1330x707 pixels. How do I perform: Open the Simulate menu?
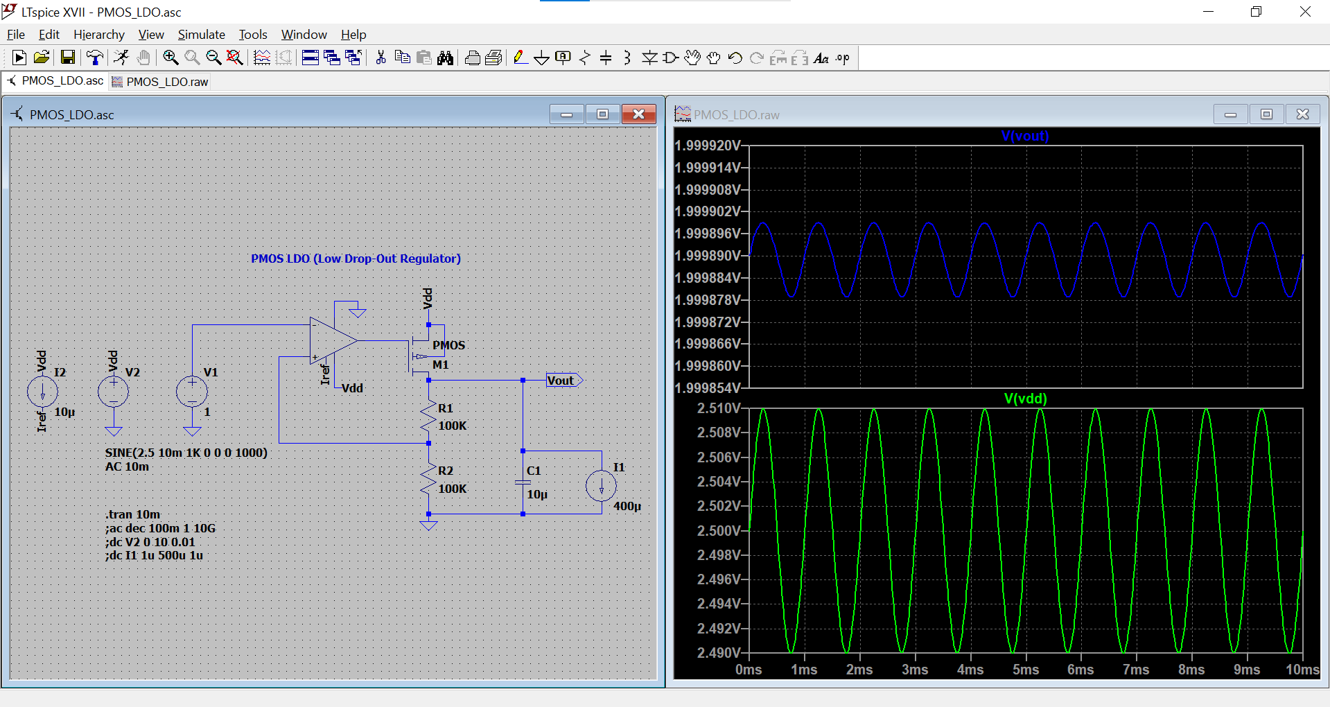pyautogui.click(x=201, y=35)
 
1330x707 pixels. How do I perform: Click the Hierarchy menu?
pyautogui.click(x=98, y=35)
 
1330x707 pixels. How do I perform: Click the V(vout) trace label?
pyautogui.click(x=1024, y=136)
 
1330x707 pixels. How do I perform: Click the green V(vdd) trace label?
pyautogui.click(x=1025, y=399)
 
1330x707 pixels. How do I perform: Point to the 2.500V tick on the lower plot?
pyautogui.click(x=719, y=530)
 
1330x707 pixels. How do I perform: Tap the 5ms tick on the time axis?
pyautogui.click(x=1025, y=670)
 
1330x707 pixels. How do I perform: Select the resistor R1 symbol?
pyautogui.click(x=429, y=415)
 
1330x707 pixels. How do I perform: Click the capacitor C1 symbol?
pyautogui.click(x=523, y=482)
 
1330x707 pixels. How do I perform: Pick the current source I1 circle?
pyautogui.click(x=601, y=486)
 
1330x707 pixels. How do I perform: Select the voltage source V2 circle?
pyautogui.click(x=114, y=392)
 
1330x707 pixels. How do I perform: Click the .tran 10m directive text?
pyautogui.click(x=132, y=514)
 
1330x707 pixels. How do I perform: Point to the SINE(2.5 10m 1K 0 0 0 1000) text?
pyautogui.click(x=186, y=453)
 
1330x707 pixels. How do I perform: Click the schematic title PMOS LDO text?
pyautogui.click(x=356, y=259)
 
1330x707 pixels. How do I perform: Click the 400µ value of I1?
pyautogui.click(x=627, y=506)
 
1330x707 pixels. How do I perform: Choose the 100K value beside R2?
pyautogui.click(x=453, y=489)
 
